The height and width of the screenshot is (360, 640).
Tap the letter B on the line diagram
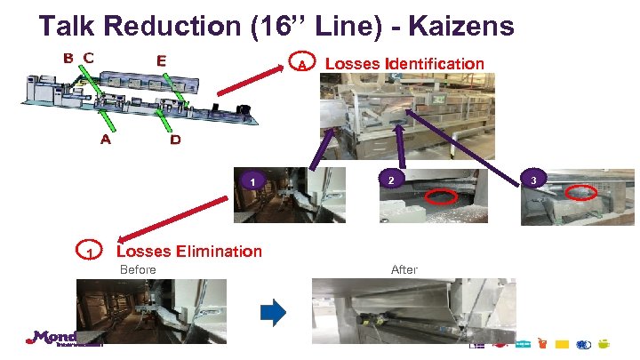point(68,58)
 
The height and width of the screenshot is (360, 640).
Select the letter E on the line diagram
point(161,60)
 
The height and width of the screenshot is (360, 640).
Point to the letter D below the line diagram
point(175,140)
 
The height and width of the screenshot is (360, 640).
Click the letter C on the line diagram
point(88,58)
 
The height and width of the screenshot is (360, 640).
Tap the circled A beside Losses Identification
point(302,65)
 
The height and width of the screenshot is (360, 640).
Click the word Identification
point(436,63)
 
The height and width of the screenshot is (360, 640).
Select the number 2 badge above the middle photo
point(389,180)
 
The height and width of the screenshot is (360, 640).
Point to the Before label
point(138,269)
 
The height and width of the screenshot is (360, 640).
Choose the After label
point(404,269)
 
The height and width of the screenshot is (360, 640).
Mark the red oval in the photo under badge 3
point(580,190)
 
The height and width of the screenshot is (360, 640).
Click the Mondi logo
point(52,338)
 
